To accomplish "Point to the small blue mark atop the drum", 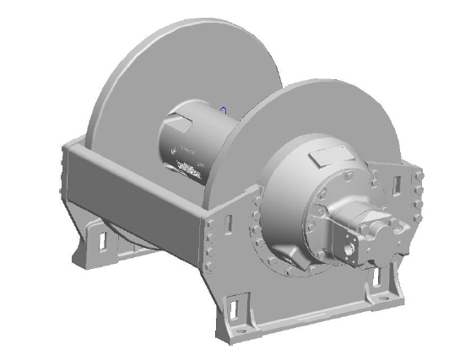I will [223, 110].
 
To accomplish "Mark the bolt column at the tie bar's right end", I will [210, 239].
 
